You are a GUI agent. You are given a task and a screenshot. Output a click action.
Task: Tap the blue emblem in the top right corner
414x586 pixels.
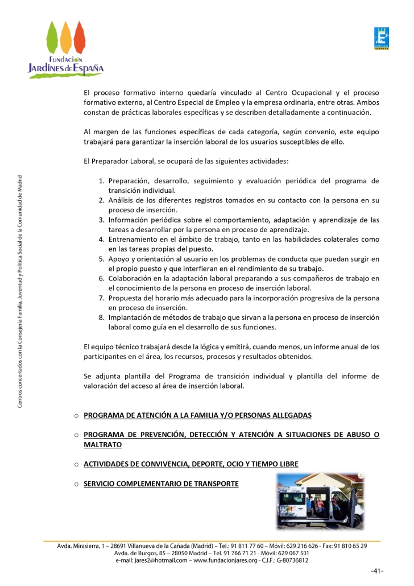pos(381,39)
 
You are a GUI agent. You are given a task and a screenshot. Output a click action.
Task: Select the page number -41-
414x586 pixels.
pos(376,571)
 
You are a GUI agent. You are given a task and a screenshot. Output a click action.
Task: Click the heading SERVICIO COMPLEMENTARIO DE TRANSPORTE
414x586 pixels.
pos(161,484)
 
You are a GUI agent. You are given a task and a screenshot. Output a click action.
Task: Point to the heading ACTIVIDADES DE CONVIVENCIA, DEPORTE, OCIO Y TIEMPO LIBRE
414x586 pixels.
pos(191,464)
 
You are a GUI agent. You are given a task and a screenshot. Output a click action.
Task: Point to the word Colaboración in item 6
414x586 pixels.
pos(133,278)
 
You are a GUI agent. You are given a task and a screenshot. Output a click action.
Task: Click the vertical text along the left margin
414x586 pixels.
pos(20,290)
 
